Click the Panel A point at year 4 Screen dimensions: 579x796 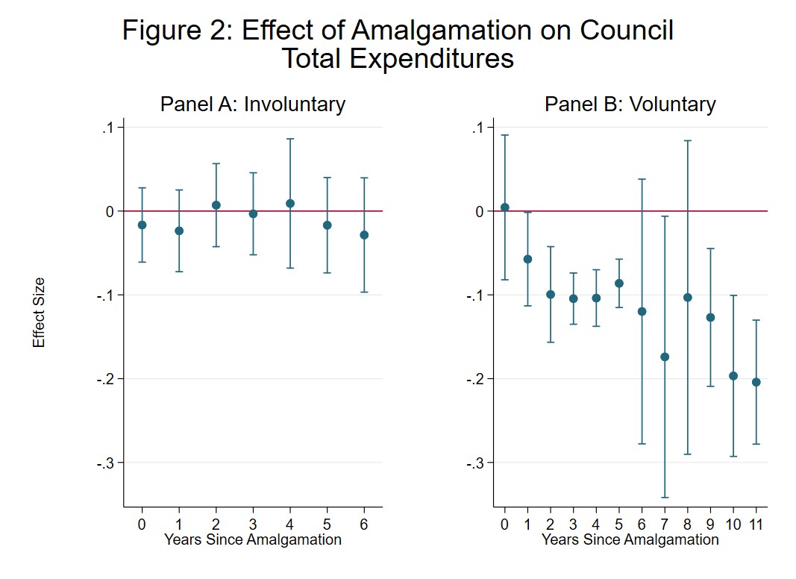pos(290,203)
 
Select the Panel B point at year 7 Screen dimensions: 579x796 pos(665,357)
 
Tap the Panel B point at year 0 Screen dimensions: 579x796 pos(504,207)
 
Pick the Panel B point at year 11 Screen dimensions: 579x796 pos(756,382)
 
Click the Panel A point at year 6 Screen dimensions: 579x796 pos(364,234)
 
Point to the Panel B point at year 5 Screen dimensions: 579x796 pos(618,283)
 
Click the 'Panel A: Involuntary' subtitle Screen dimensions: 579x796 pos(252,104)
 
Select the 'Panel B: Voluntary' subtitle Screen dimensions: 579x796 pos(630,104)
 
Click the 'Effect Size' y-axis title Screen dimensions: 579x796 pos(39,312)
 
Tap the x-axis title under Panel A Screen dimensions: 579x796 pos(252,539)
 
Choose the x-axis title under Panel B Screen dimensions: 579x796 pos(630,539)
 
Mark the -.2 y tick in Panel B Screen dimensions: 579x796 pos(475,379)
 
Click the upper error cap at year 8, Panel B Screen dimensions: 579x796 pos(688,140)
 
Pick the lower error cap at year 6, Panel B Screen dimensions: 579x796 pos(642,444)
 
